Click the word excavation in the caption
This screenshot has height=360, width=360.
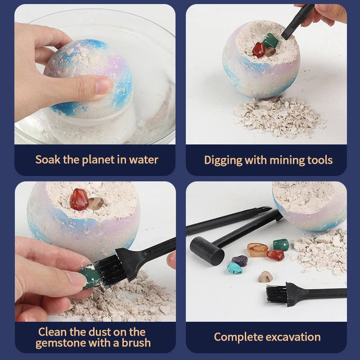click(x=292, y=337)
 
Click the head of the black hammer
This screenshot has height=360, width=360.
click(x=207, y=250)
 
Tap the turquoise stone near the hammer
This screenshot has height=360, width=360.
click(x=234, y=268)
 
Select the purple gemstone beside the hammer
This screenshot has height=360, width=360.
click(x=239, y=261)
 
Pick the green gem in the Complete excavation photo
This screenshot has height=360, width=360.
click(x=281, y=245)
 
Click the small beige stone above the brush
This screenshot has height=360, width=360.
click(x=265, y=277)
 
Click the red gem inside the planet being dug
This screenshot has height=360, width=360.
click(x=259, y=49)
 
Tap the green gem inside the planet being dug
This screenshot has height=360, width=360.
click(x=271, y=41)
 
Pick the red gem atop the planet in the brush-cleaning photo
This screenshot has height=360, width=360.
click(x=79, y=199)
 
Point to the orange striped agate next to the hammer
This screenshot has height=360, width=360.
click(x=257, y=249)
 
